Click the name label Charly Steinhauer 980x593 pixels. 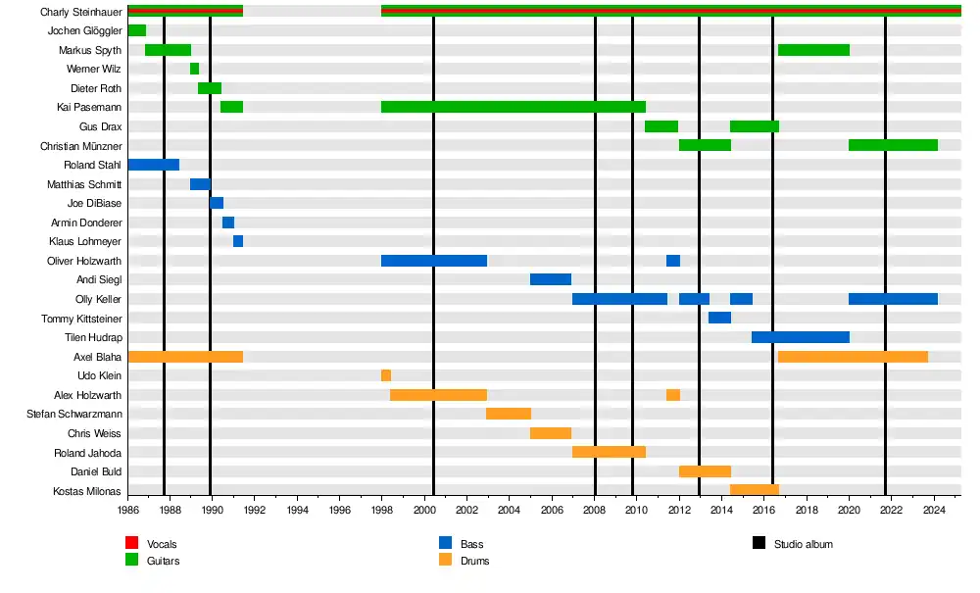click(x=81, y=12)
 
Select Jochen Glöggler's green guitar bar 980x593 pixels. click(x=136, y=30)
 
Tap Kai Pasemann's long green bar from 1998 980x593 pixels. click(x=513, y=107)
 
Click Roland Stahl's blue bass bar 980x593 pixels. click(x=153, y=165)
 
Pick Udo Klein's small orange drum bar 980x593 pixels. click(x=386, y=375)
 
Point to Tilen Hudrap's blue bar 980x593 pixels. click(x=800, y=337)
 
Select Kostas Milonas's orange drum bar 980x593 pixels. click(x=754, y=490)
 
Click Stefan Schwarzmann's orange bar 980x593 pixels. click(x=508, y=414)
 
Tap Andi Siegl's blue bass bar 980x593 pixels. click(x=550, y=279)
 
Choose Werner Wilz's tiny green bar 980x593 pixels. click(x=194, y=69)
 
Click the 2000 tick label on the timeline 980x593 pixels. click(x=424, y=511)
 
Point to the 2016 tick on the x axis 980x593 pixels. click(x=763, y=511)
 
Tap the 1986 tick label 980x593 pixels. click(x=127, y=511)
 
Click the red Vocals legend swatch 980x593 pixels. click(x=131, y=543)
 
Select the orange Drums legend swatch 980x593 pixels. click(x=445, y=561)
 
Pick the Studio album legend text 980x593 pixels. click(x=803, y=544)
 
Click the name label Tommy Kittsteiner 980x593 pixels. click(x=81, y=319)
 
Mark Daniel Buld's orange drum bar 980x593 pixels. click(x=705, y=471)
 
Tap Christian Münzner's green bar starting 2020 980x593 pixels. click(x=893, y=145)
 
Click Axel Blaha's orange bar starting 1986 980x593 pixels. click(x=185, y=357)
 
